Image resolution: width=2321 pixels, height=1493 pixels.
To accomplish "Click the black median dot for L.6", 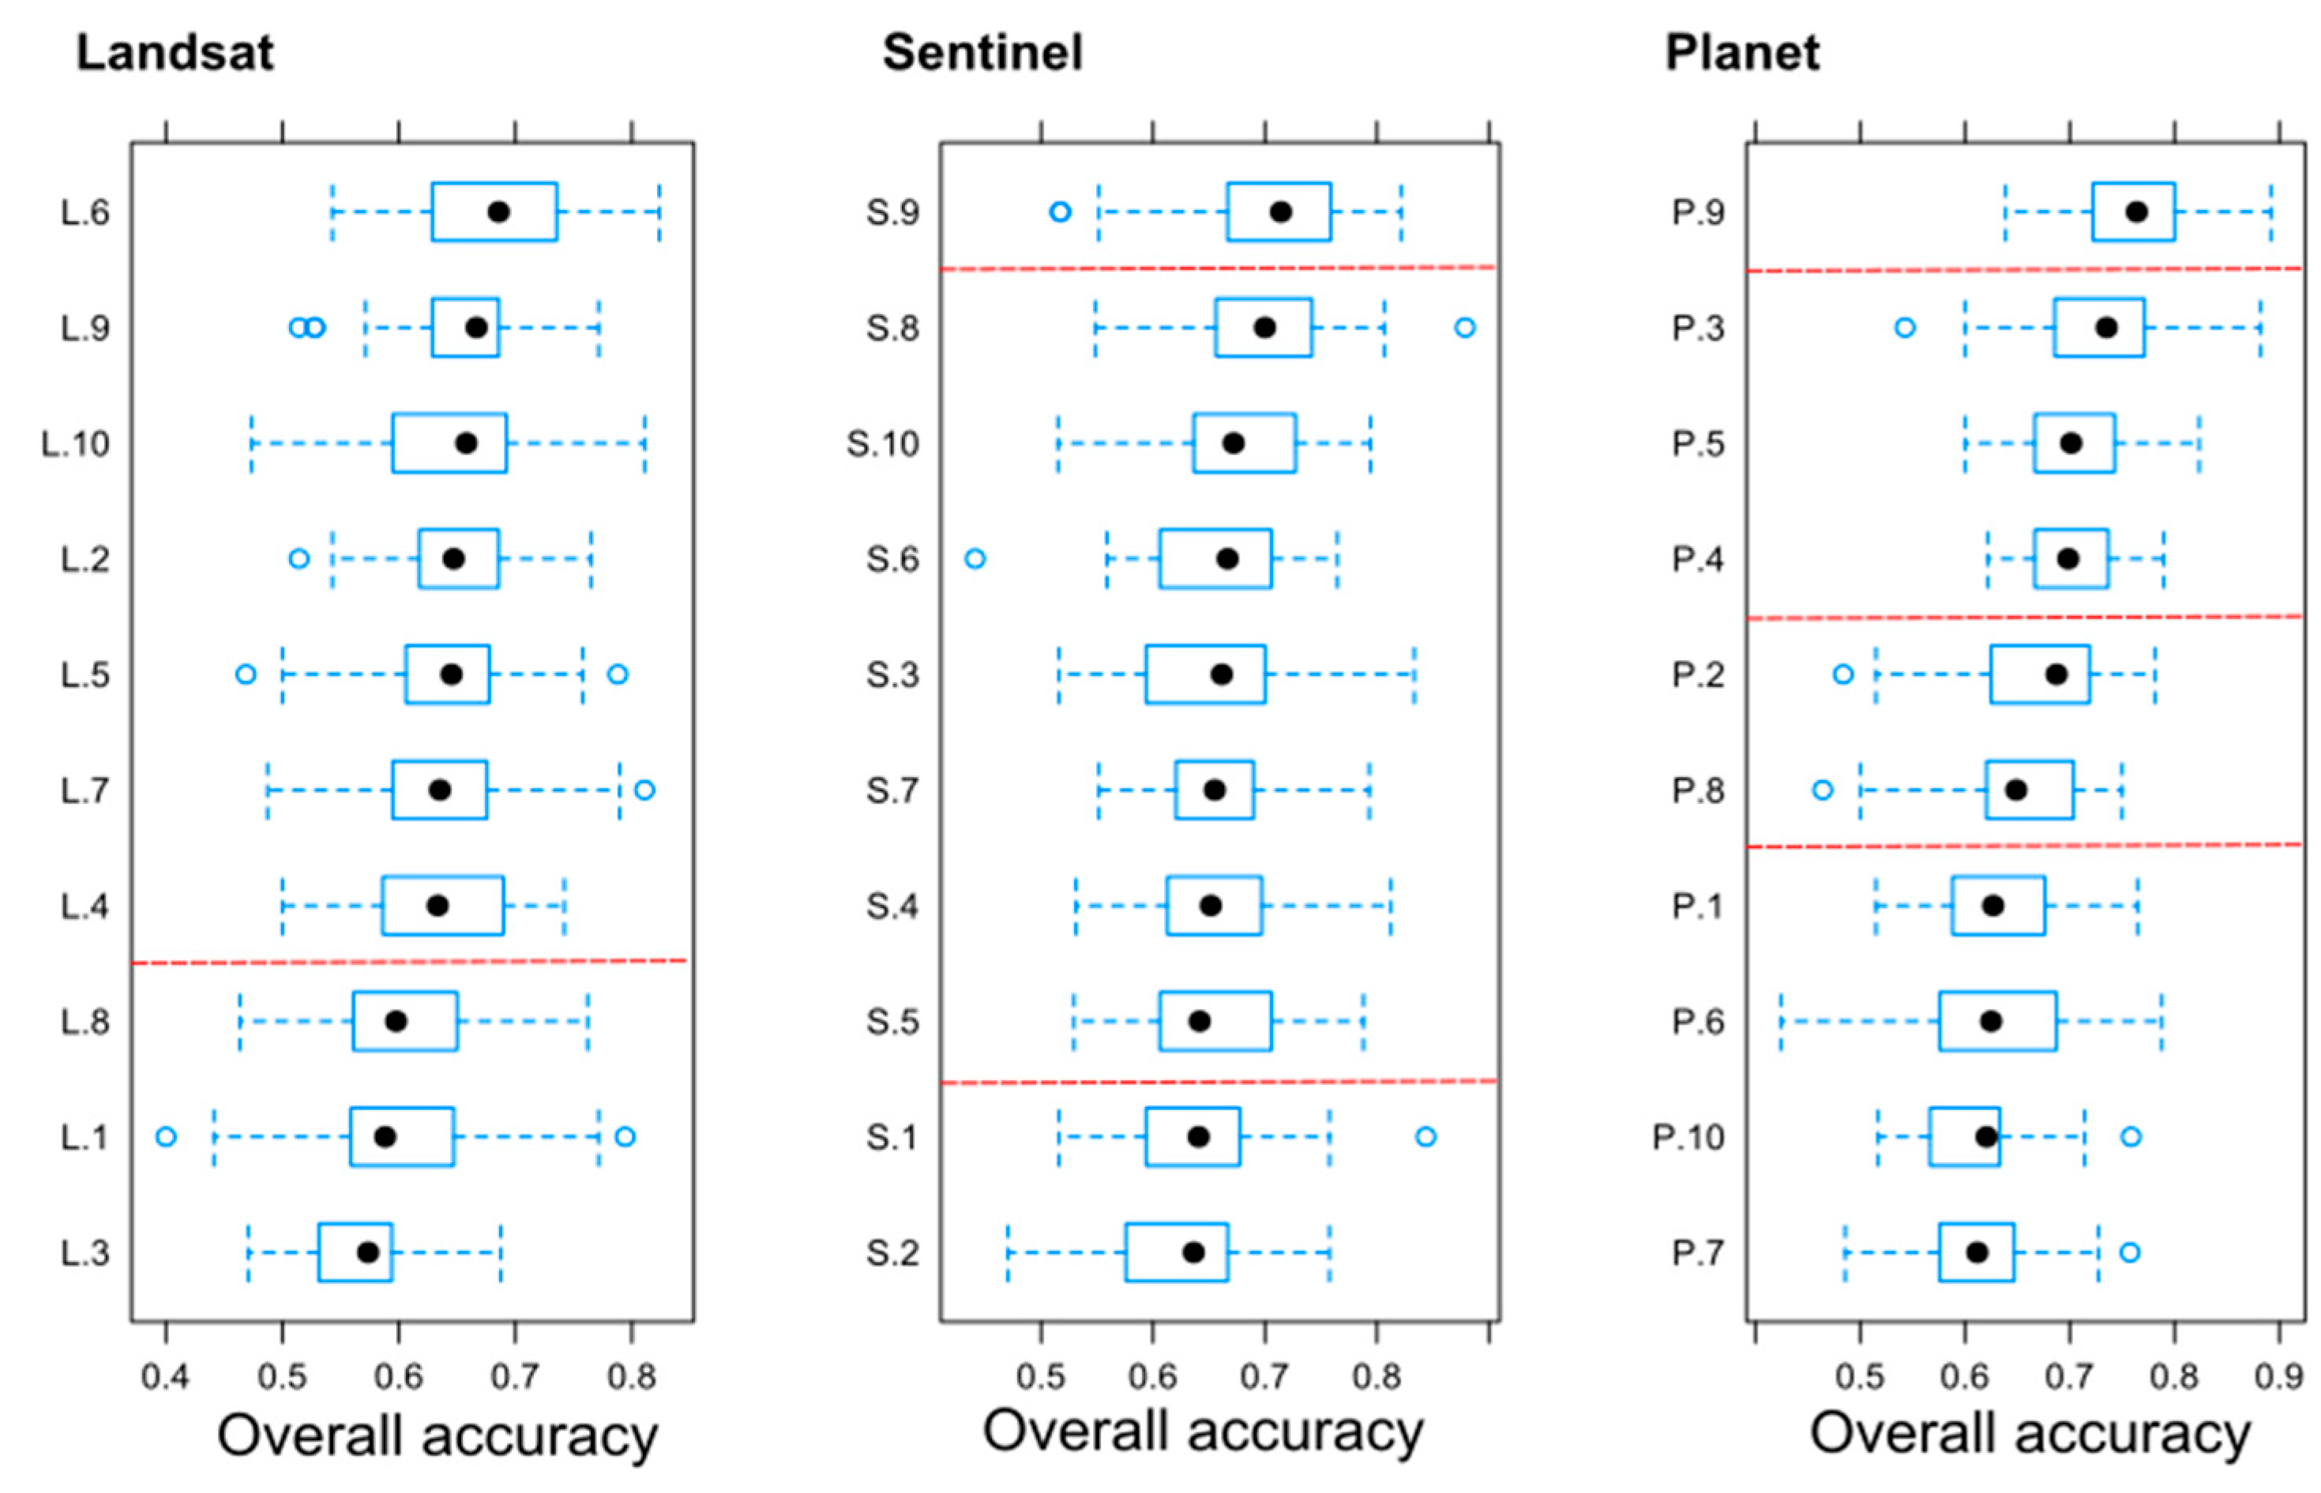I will [498, 212].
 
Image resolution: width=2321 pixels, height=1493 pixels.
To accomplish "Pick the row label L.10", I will [76, 444].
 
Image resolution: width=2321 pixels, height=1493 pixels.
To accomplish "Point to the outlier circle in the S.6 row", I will [975, 558].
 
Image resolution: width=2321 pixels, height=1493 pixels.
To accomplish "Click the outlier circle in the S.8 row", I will [1465, 328].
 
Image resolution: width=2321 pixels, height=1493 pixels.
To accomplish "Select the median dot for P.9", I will [2136, 212].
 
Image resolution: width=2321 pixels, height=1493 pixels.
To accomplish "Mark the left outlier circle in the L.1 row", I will [166, 1136].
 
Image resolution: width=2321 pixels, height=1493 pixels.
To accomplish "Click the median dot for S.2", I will [1193, 1252].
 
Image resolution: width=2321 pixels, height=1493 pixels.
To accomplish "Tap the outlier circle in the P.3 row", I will [1905, 328].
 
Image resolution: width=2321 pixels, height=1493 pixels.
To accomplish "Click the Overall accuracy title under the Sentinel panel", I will [1202, 1431].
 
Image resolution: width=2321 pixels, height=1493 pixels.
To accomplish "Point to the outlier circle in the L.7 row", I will [644, 790].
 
